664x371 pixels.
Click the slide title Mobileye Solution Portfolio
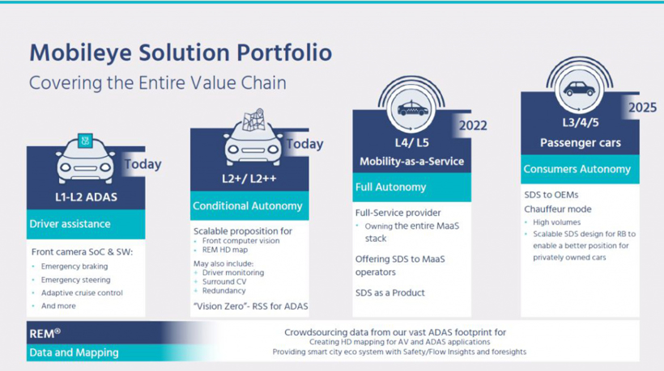click(x=181, y=53)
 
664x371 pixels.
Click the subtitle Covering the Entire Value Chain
click(x=158, y=82)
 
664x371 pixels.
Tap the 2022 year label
click(x=473, y=125)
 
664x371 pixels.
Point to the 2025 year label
click(x=642, y=108)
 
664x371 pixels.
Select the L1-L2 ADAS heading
click(x=86, y=197)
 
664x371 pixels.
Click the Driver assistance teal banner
click(x=86, y=224)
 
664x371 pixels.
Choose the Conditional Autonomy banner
click(x=249, y=206)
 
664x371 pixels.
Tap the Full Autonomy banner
click(x=411, y=188)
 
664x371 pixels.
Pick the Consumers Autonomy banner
click(x=580, y=169)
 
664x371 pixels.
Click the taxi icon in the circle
click(x=412, y=109)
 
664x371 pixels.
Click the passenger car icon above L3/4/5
click(x=579, y=89)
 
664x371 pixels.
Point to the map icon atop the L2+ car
click(x=253, y=120)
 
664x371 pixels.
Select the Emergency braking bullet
click(x=74, y=267)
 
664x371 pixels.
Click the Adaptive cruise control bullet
click(x=82, y=293)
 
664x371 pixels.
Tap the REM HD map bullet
click(x=225, y=250)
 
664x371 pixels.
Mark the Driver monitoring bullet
click(x=233, y=272)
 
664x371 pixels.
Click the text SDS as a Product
click(x=390, y=293)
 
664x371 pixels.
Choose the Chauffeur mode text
click(x=558, y=209)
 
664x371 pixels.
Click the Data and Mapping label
click(x=74, y=352)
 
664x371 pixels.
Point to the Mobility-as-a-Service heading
click(x=411, y=162)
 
